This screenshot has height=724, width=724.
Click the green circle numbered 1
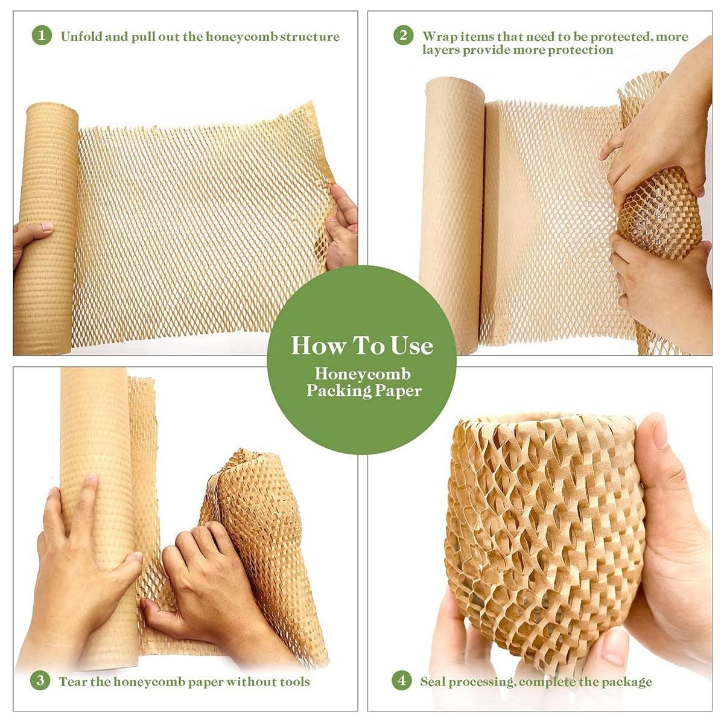click(41, 36)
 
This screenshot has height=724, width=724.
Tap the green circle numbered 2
click(403, 36)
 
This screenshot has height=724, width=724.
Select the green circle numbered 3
click(40, 681)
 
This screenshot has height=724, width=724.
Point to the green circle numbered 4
click(402, 681)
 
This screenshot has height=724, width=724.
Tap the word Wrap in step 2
click(437, 36)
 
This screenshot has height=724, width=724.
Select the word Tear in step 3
click(71, 682)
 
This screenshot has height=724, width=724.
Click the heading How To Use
click(362, 346)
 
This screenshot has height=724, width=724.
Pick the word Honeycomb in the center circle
click(362, 374)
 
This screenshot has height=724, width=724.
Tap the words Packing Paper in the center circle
click(364, 391)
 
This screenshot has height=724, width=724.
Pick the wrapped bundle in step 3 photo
click(259, 519)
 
